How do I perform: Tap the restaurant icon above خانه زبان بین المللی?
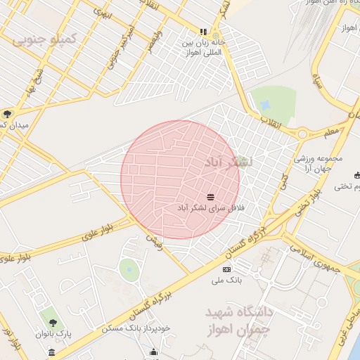point(204,32)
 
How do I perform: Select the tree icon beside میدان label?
point(7,114)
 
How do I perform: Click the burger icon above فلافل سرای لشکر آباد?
point(211,197)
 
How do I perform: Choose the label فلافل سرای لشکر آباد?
point(211,209)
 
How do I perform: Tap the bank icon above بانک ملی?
point(226,269)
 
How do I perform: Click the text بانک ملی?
point(227,281)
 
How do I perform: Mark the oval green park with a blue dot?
point(129,269)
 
